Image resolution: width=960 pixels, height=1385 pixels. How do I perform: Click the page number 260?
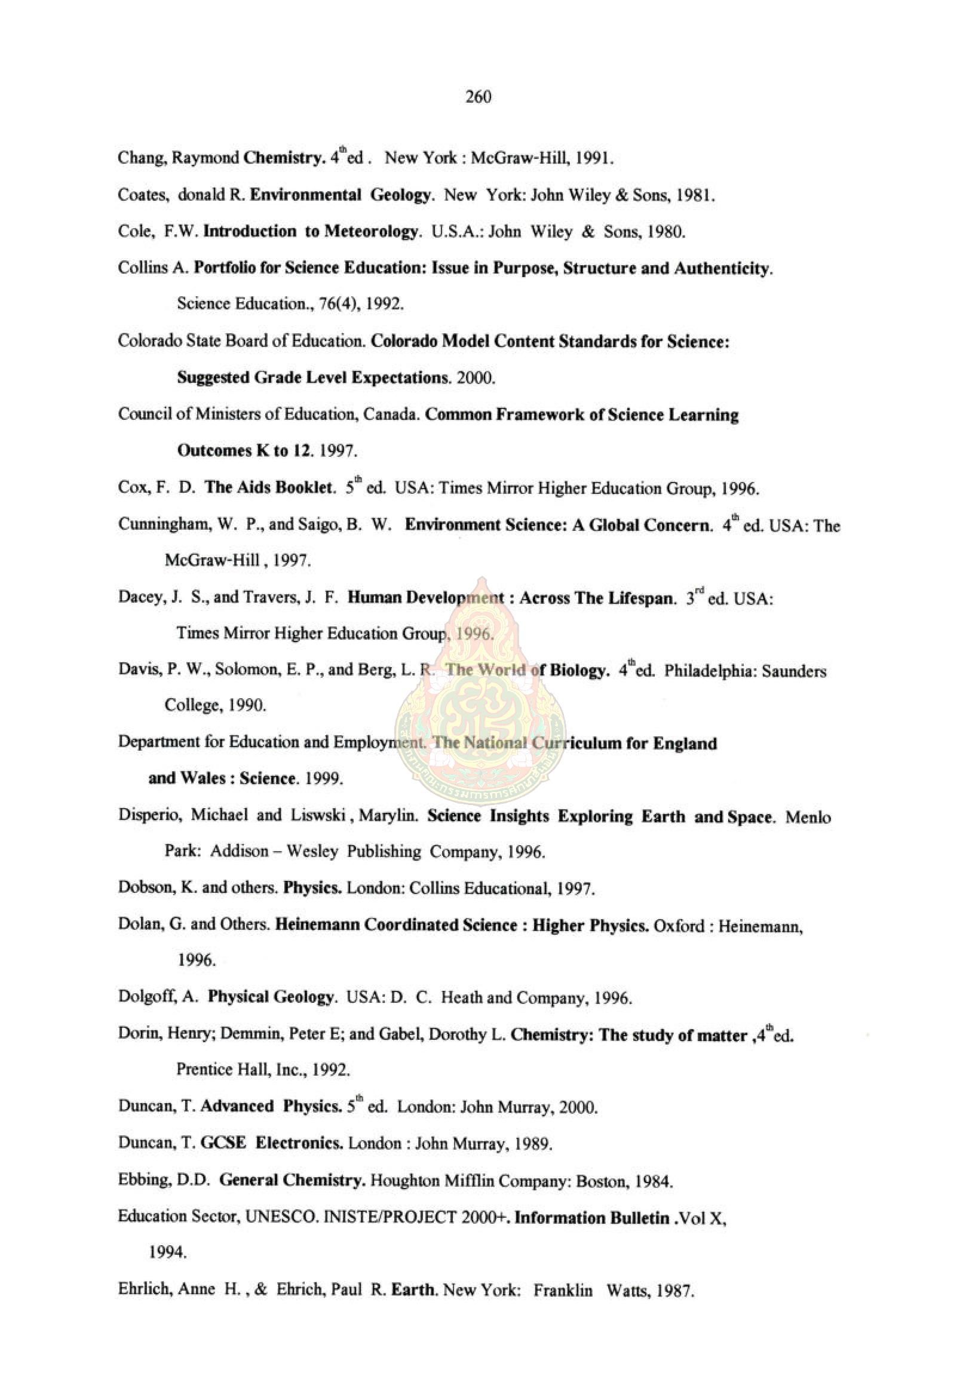click(x=479, y=97)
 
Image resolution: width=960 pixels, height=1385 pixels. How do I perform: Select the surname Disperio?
click(x=149, y=816)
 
